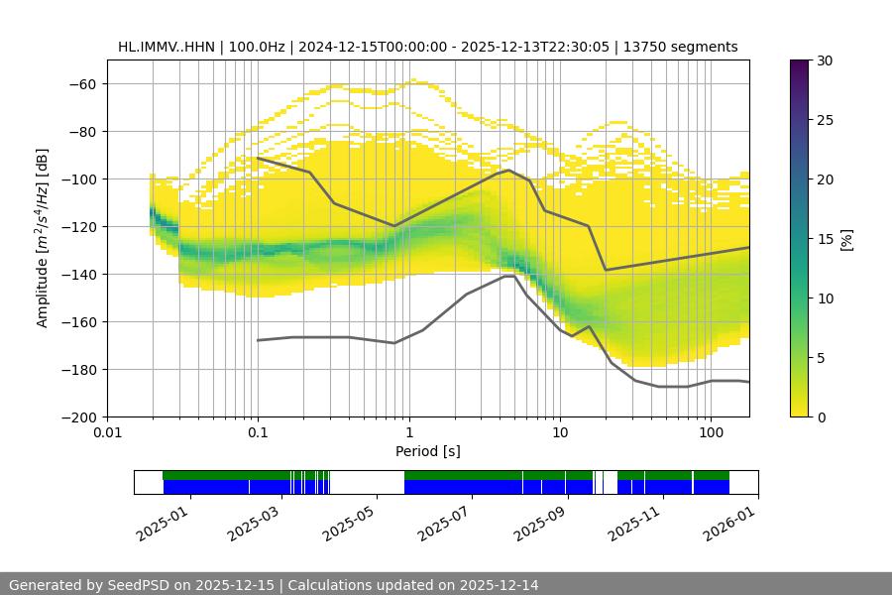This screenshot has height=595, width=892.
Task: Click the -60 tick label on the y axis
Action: (x=82, y=83)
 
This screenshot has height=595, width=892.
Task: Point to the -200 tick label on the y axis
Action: (x=78, y=416)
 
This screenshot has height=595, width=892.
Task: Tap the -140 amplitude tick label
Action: (x=78, y=274)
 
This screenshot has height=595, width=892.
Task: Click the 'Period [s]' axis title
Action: (x=428, y=451)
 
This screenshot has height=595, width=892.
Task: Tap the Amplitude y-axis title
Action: (x=43, y=238)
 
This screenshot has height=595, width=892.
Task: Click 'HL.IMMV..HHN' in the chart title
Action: (x=166, y=47)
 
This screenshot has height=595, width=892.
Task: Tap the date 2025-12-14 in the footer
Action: (x=492, y=585)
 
